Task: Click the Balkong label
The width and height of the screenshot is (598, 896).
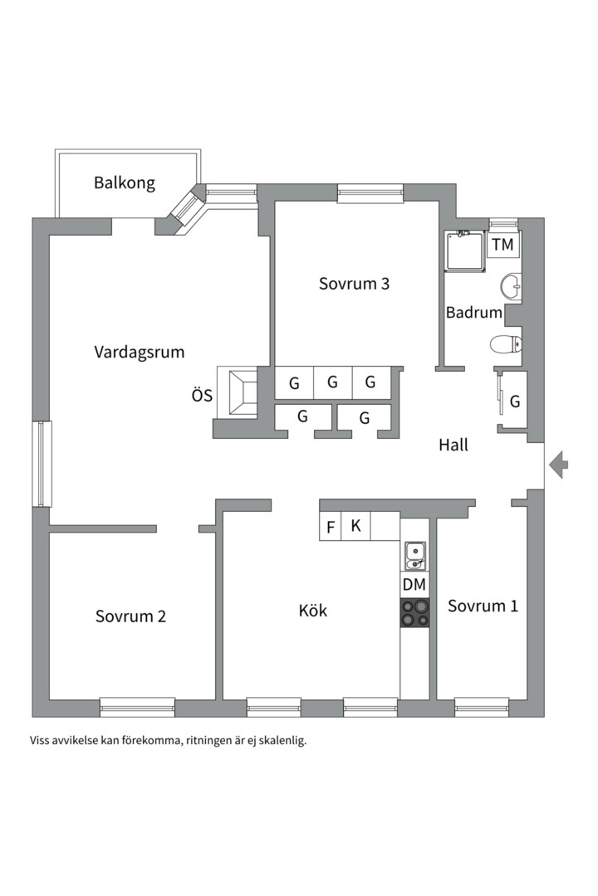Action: pyautogui.click(x=125, y=183)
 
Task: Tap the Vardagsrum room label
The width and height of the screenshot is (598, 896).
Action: pyautogui.click(x=139, y=352)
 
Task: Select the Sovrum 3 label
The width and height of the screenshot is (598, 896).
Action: pyautogui.click(x=354, y=284)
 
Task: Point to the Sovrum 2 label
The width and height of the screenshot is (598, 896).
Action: pyautogui.click(x=130, y=616)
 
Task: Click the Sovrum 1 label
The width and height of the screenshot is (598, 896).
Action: pyautogui.click(x=483, y=606)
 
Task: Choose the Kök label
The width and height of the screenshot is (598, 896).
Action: pyautogui.click(x=313, y=611)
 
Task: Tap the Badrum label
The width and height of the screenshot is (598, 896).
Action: pyautogui.click(x=473, y=313)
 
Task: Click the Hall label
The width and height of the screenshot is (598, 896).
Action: pyautogui.click(x=453, y=446)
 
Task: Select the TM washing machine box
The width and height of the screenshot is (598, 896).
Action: pyautogui.click(x=502, y=245)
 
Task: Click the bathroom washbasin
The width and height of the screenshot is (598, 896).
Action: pyautogui.click(x=511, y=287)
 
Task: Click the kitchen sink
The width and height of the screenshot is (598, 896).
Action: pyautogui.click(x=414, y=554)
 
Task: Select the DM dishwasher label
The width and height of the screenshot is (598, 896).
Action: pyautogui.click(x=414, y=585)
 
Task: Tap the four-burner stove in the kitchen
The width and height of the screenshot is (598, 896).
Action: pyautogui.click(x=414, y=613)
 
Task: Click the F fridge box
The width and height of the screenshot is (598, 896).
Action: pyautogui.click(x=331, y=527)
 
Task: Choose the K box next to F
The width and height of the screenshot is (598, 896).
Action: pyautogui.click(x=355, y=526)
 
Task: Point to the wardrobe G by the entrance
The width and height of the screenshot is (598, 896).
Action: pyautogui.click(x=514, y=402)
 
